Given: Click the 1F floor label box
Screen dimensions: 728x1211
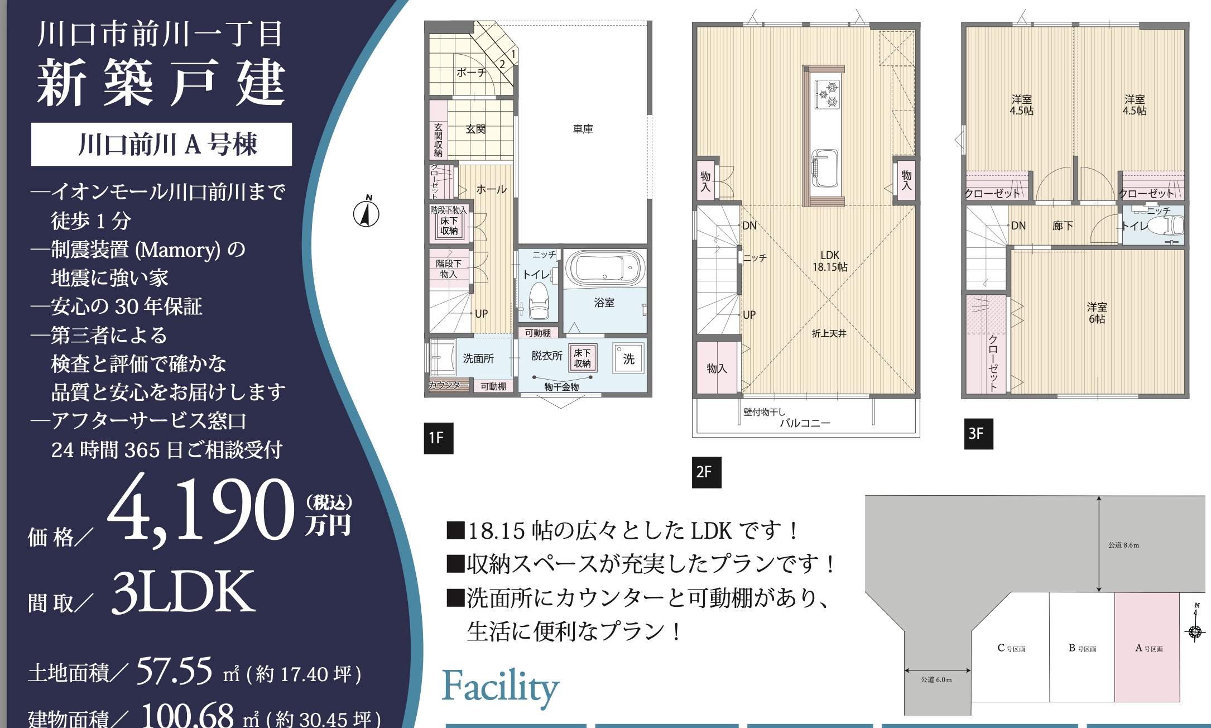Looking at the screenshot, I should point(438,438).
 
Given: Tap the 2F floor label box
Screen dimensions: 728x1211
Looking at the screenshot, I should point(706,472).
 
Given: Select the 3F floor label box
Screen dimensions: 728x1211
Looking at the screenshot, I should point(978,434).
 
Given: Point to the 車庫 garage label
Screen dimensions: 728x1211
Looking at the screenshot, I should point(583,129).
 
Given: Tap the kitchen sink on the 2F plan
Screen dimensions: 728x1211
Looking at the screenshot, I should point(825,166).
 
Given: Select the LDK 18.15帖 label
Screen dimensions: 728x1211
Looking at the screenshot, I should point(829,261).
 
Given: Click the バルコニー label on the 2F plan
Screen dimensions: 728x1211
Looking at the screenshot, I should point(805,423).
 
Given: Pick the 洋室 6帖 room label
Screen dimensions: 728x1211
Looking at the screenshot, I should point(1097,313).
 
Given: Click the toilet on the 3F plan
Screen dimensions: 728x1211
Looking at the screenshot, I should point(1166,226).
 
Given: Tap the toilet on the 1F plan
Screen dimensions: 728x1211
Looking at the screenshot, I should point(539,300).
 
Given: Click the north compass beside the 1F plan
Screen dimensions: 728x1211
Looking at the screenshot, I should point(367,213).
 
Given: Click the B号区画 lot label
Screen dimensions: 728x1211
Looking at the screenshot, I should point(1082,648).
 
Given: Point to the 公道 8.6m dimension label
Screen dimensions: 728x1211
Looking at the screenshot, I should point(1123,545).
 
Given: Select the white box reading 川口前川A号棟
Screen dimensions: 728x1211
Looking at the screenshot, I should point(161,144).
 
